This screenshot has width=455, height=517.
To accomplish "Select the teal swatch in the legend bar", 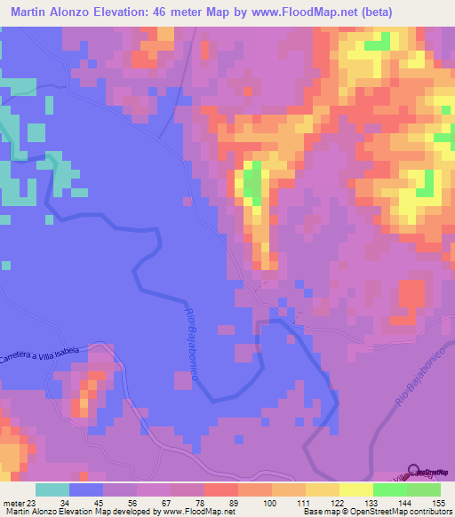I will (52, 489).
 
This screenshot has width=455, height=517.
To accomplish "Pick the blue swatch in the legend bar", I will (86, 489).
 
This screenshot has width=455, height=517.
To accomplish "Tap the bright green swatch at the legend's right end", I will (423, 489).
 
